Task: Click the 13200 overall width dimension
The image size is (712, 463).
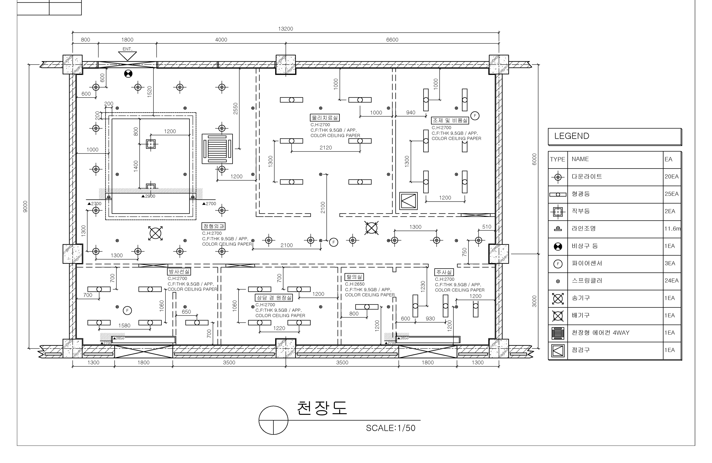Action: [x=285, y=29]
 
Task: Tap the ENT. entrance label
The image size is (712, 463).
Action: [x=127, y=49]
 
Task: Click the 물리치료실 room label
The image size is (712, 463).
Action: [x=325, y=118]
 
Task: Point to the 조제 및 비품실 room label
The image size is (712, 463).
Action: [x=450, y=120]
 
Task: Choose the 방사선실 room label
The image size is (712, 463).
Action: [x=179, y=272]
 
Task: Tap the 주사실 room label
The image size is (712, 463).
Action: [x=444, y=272]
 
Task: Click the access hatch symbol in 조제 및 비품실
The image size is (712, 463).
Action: [x=408, y=201]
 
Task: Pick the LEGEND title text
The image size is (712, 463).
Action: [x=572, y=136]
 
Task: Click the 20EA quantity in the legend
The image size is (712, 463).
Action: [x=672, y=177]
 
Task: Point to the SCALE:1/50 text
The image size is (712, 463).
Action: [x=391, y=428]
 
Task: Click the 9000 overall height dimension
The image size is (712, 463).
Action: [x=25, y=207]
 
